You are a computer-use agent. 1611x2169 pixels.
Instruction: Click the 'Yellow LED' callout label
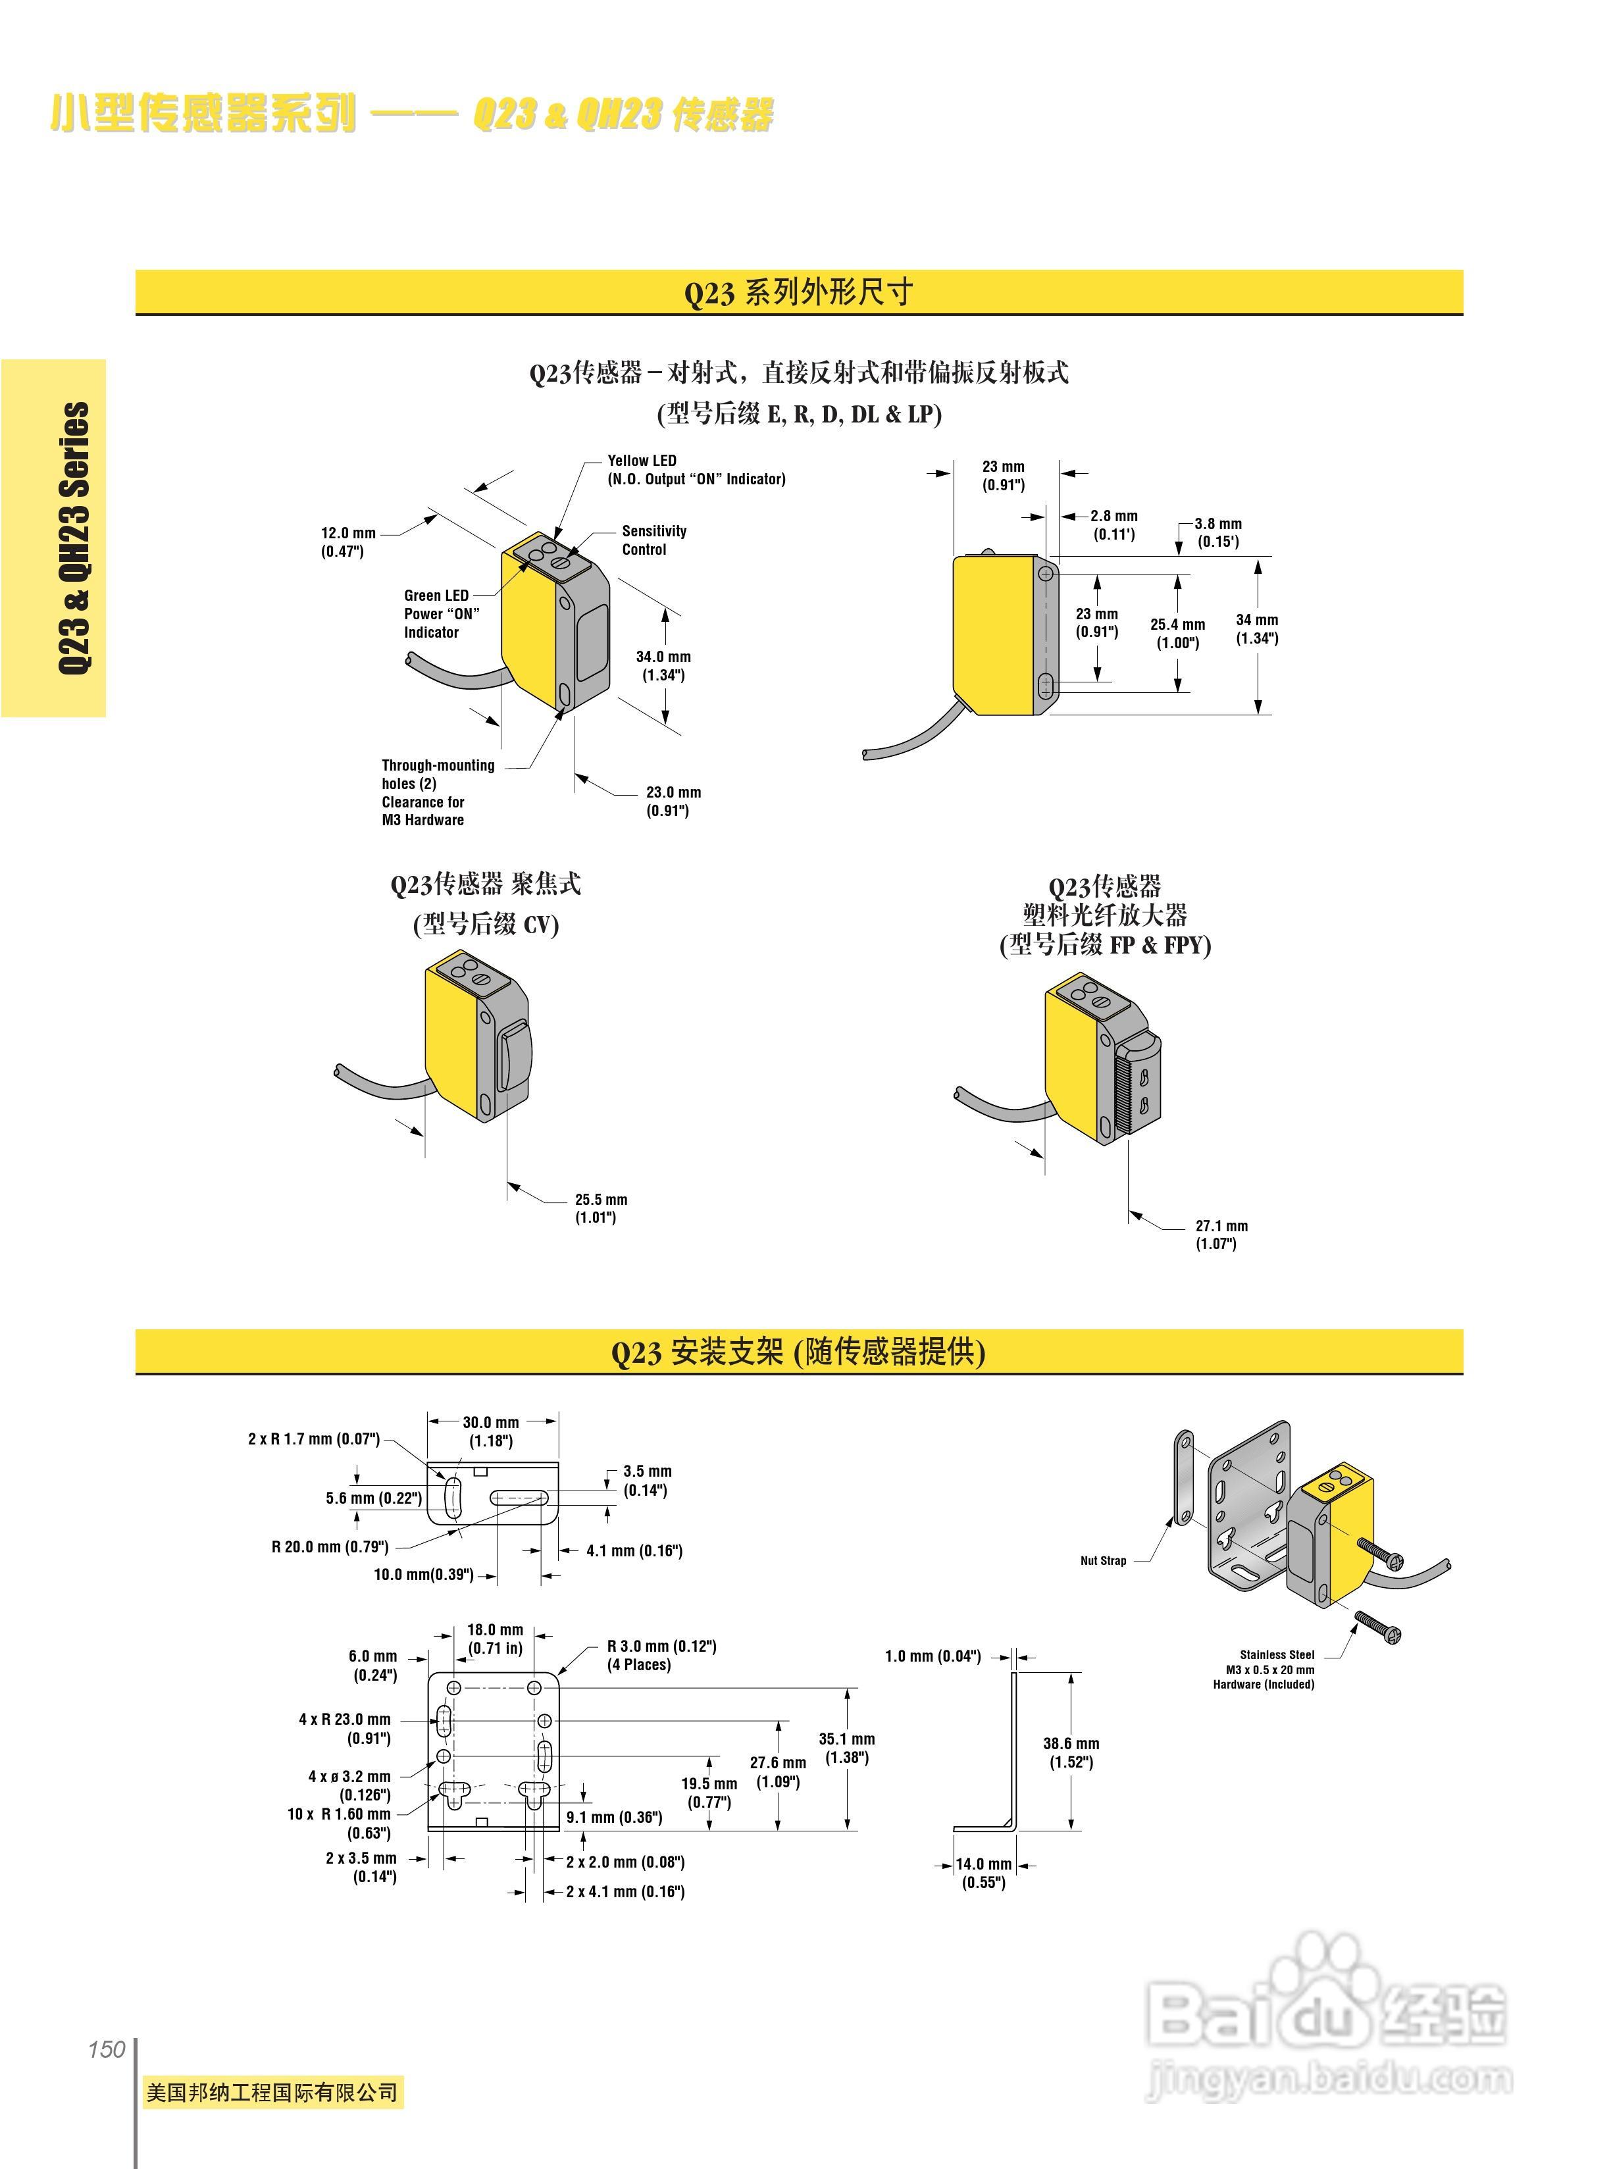(642, 461)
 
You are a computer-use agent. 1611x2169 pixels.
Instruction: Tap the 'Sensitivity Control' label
(653, 540)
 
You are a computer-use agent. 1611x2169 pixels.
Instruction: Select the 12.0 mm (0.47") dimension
(348, 542)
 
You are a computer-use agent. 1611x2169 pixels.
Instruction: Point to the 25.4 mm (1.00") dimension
(1177, 633)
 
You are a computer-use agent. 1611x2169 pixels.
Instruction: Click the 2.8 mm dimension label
(1113, 524)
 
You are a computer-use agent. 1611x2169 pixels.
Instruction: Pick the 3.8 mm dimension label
(1218, 532)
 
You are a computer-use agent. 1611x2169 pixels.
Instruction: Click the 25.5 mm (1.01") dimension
(601, 1208)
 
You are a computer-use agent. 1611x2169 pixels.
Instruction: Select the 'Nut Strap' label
(1103, 1560)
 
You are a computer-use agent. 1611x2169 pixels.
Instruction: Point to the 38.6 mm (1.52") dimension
(1071, 1752)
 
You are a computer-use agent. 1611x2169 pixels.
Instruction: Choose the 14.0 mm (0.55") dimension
(983, 1872)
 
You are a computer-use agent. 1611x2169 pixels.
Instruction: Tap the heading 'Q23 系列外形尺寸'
(798, 292)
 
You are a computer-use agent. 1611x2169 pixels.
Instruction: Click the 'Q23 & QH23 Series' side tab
(74, 538)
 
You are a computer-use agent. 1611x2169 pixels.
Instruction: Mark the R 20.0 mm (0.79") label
(330, 1546)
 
